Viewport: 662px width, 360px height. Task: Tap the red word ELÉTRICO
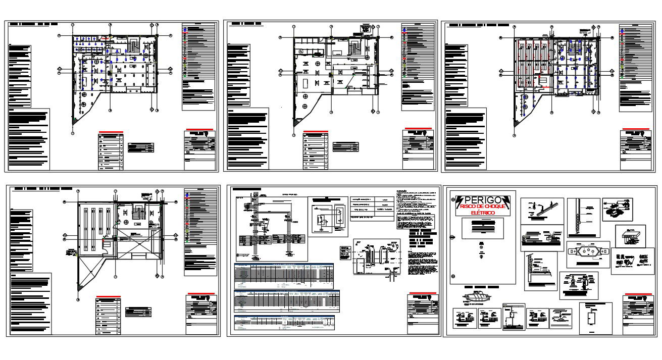483,213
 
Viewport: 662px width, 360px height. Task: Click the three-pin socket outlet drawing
588,253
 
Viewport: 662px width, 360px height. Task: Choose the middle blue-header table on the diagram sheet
286,301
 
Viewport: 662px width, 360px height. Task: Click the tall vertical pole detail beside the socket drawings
576,217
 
